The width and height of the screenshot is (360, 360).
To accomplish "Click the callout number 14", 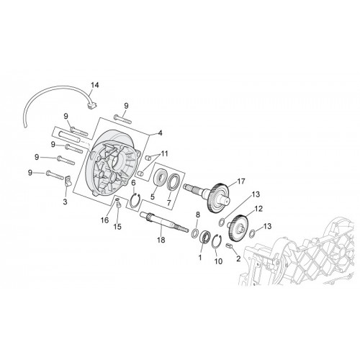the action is [x=95, y=85].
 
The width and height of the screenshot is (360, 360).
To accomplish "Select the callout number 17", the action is [x=241, y=181].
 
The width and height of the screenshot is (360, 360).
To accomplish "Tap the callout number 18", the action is [x=161, y=240].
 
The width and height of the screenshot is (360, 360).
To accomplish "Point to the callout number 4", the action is [x=160, y=132].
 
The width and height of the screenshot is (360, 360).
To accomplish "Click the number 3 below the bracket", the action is [x=65, y=202].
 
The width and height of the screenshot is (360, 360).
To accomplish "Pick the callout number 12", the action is [x=258, y=209].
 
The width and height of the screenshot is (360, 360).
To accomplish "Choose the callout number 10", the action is [x=218, y=261].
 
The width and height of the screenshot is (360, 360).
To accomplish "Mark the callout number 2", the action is [x=238, y=258].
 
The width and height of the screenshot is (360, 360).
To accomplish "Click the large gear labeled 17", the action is [x=218, y=198].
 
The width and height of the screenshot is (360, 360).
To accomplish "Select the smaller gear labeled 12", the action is [x=238, y=228].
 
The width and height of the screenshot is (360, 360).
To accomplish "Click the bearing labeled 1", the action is [x=205, y=236].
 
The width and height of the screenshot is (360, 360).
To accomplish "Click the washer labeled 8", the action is [x=195, y=233].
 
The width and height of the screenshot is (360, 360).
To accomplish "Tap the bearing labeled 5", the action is [x=161, y=178].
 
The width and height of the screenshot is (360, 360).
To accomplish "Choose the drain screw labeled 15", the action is [x=118, y=204].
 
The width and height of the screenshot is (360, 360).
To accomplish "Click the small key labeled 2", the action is [x=229, y=246].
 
